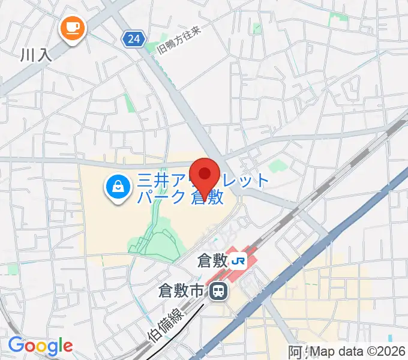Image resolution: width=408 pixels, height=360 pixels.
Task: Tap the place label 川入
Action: pyautogui.click(x=37, y=55)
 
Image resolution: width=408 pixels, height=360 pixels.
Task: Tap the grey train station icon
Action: pyautogui.click(x=219, y=292)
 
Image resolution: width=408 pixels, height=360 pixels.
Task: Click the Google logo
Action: pyautogui.click(x=40, y=346)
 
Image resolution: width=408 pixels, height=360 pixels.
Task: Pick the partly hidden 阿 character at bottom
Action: pyautogui.click(x=296, y=353)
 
